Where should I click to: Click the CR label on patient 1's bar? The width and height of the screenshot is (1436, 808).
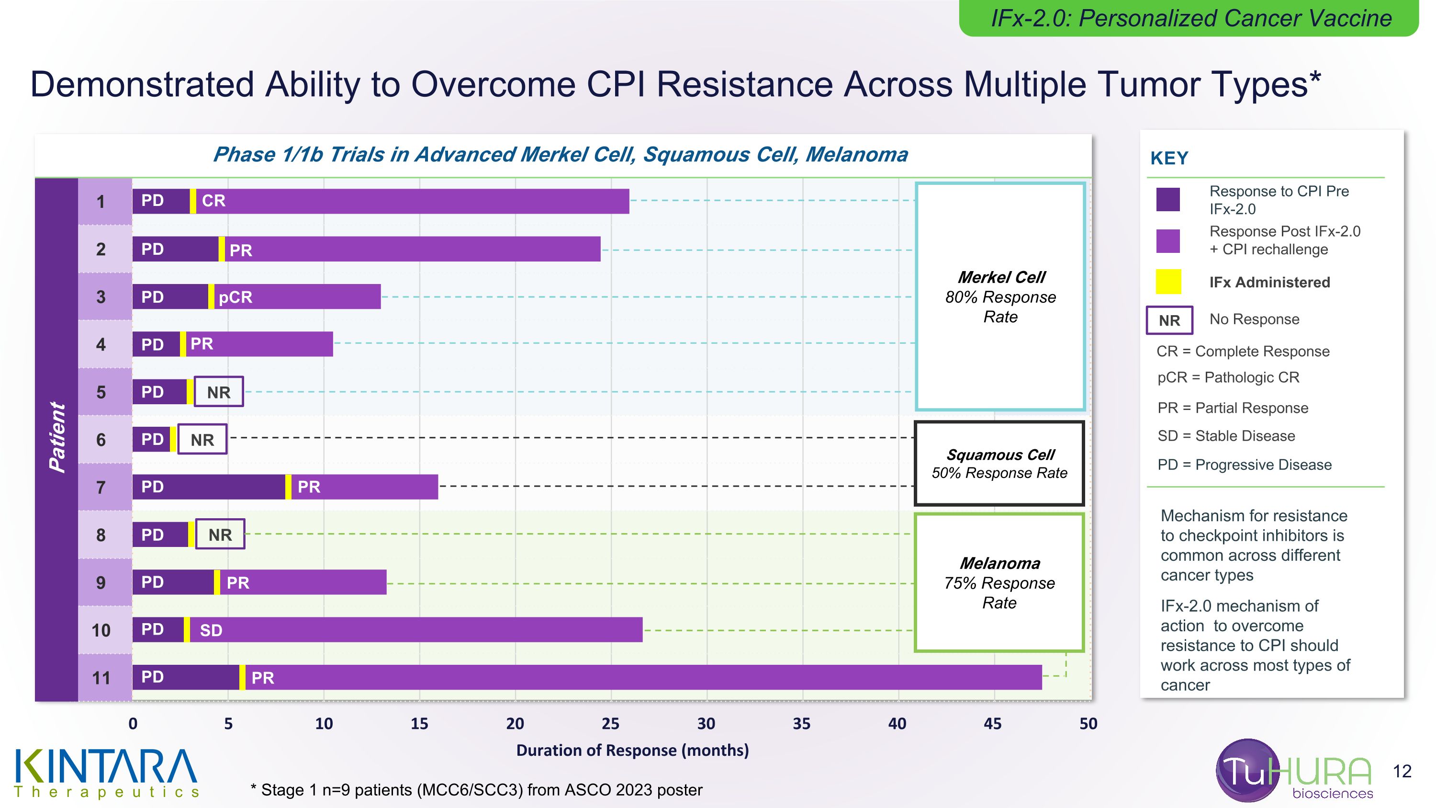point(213,201)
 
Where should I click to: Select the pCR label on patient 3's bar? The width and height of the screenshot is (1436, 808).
point(235,297)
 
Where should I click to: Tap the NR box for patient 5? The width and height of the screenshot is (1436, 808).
point(219,392)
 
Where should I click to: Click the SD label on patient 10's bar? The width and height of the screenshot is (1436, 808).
point(211,630)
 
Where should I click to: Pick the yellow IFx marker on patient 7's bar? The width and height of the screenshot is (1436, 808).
point(288,487)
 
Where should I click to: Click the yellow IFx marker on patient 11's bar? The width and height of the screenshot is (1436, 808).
point(242,678)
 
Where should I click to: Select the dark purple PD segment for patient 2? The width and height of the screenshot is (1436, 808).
point(175,249)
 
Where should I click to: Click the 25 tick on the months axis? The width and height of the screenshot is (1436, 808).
point(610,724)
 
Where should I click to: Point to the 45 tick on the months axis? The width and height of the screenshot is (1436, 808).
point(993,724)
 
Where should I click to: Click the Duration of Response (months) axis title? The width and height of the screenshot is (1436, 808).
point(633,751)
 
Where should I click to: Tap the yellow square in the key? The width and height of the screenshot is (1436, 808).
point(1168,282)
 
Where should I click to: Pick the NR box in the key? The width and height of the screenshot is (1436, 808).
point(1169,320)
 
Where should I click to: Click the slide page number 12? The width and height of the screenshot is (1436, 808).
point(1402,772)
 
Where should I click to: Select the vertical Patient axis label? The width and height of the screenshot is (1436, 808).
point(57,438)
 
